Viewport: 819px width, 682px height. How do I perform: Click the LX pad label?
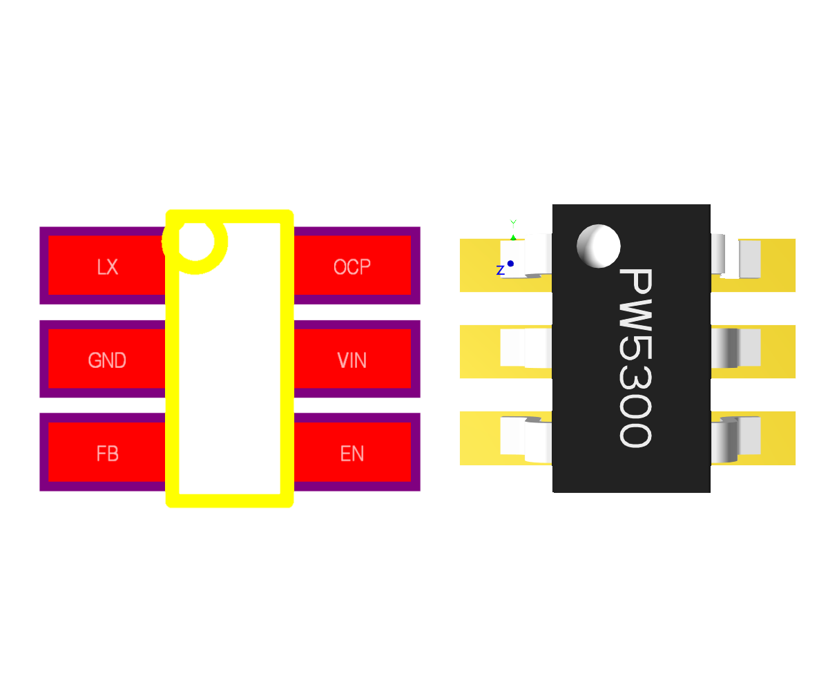tap(107, 267)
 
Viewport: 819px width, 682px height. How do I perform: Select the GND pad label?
tap(107, 360)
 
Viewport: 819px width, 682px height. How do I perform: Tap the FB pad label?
tap(107, 454)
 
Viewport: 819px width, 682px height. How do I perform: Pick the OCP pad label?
tap(351, 267)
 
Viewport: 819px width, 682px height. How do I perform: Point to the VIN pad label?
tap(351, 360)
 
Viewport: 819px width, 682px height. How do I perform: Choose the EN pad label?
tap(351, 454)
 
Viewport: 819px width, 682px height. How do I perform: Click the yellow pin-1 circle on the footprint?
tap(195, 242)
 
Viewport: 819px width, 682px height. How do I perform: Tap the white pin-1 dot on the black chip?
tap(598, 246)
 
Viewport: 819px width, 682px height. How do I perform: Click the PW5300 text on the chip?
tap(634, 358)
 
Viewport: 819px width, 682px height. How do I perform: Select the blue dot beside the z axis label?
tap(510, 263)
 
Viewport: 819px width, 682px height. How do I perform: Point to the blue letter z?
tap(500, 271)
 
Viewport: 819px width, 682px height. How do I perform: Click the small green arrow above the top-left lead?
tap(513, 237)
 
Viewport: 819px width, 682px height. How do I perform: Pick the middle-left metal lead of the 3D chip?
tap(525, 348)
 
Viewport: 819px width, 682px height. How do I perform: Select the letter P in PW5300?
tap(634, 284)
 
